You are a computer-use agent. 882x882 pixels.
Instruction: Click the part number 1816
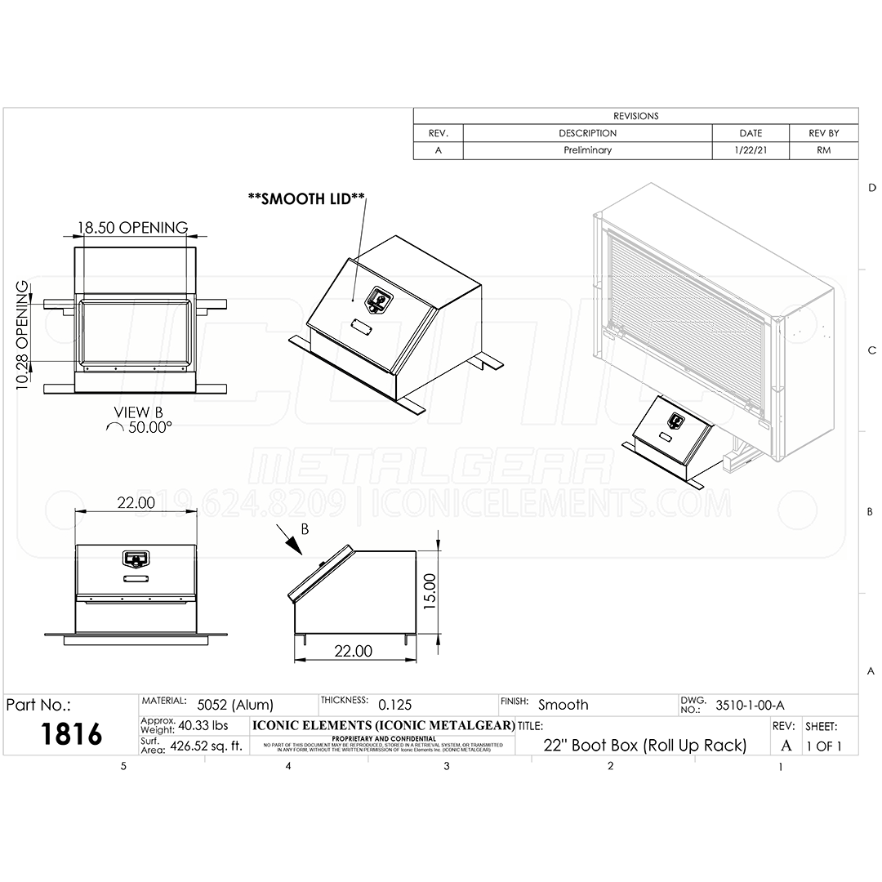pos(71,733)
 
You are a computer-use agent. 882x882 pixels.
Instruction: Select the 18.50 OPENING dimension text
pos(132,228)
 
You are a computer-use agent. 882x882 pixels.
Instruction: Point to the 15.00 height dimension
pos(431,590)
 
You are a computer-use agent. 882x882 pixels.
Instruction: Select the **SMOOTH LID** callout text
pos(307,199)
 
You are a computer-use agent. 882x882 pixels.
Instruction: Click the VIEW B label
pos(132,412)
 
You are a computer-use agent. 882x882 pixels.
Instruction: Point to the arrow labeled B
pos(290,540)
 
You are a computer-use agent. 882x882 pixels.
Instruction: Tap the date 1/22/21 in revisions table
pos(750,150)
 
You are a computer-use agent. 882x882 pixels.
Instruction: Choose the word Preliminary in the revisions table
pos(587,150)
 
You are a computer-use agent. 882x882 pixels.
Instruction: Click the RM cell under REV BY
pos(823,150)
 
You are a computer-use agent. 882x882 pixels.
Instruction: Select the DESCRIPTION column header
pos(587,133)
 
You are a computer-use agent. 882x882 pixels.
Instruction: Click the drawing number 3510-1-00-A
pos(750,705)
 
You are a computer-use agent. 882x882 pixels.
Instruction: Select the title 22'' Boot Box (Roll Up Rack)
pos(644,745)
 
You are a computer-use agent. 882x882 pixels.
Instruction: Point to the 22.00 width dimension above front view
pos(136,502)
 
